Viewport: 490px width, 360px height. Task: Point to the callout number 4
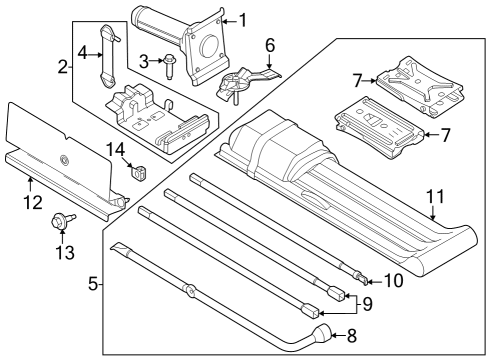(x=84, y=52)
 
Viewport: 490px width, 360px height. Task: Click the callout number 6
(x=268, y=45)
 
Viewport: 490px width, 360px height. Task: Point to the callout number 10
(x=394, y=281)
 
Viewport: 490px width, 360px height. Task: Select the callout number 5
(x=94, y=285)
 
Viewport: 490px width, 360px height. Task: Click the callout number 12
(x=32, y=203)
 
